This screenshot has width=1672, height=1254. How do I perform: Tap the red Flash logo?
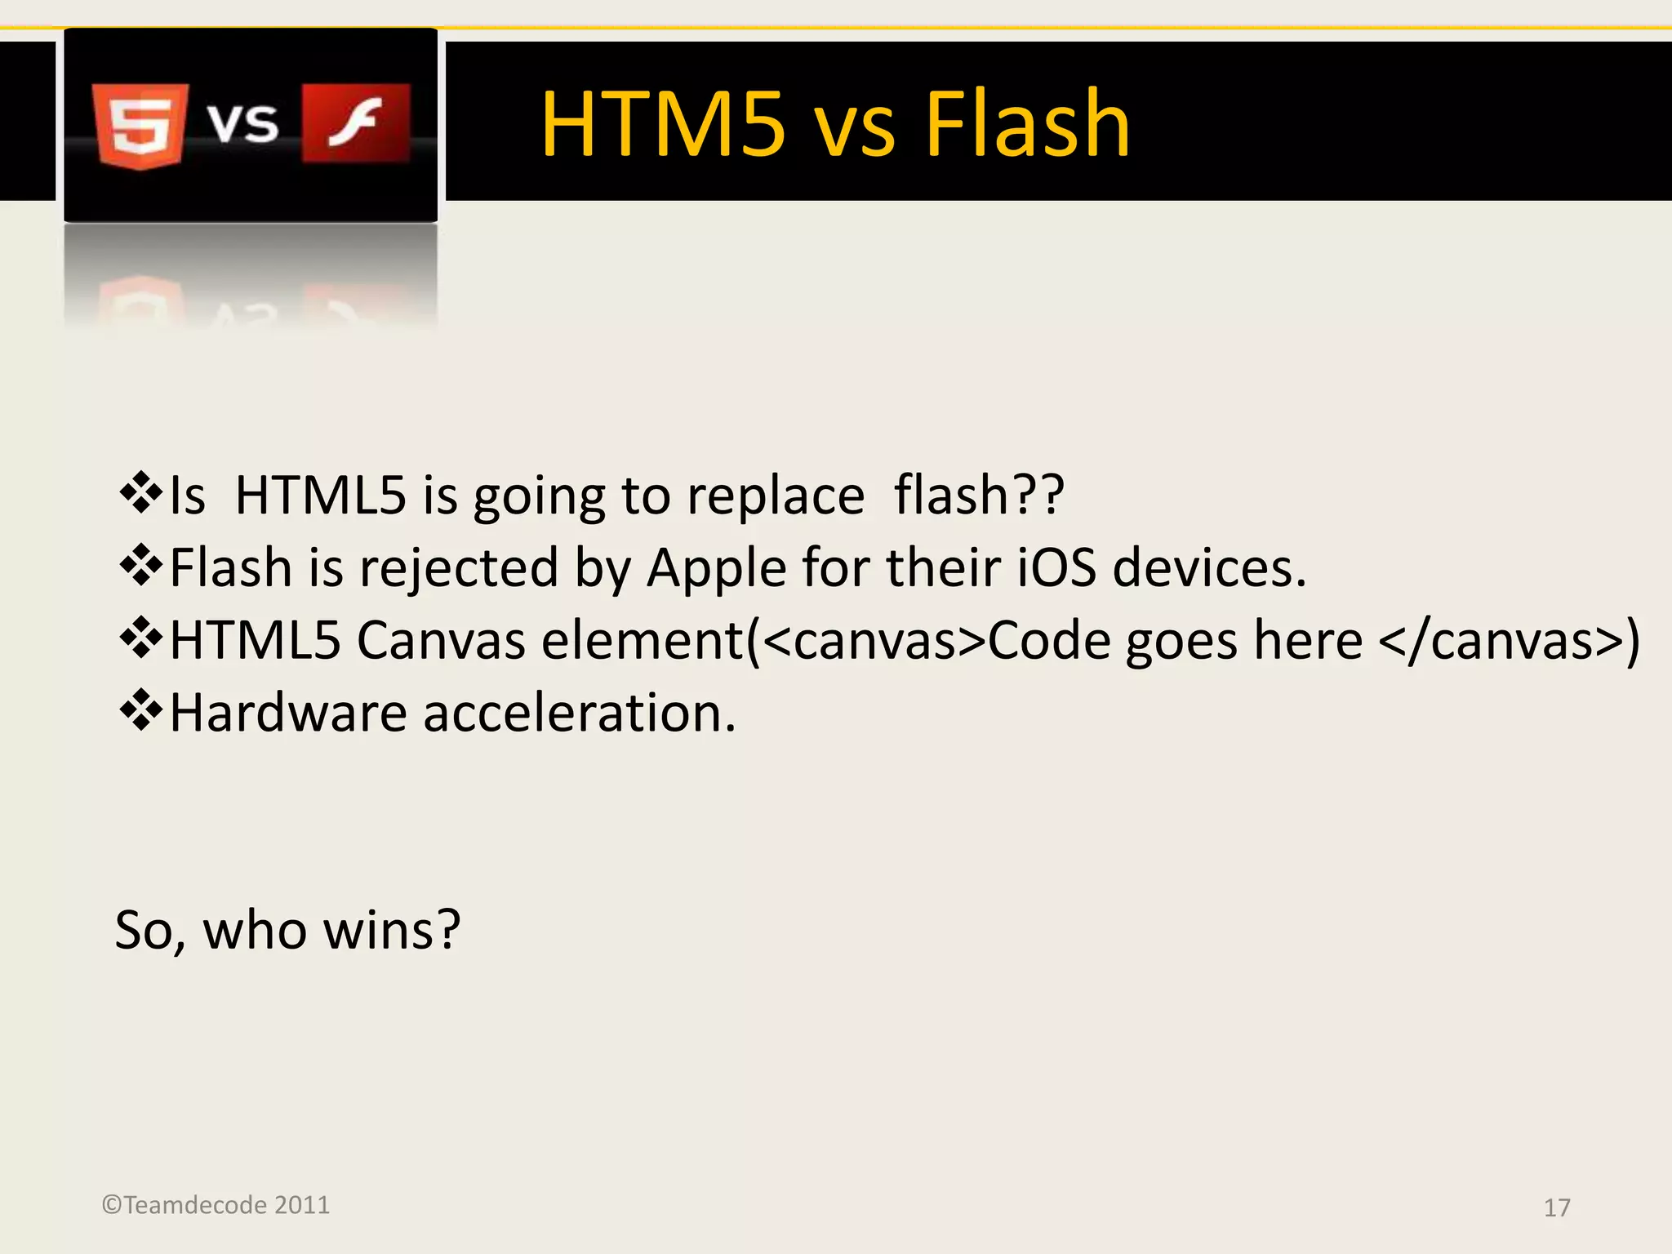pos(356,122)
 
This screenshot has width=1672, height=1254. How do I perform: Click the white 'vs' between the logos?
pos(242,123)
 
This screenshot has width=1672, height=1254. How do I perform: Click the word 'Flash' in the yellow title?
pos(1026,124)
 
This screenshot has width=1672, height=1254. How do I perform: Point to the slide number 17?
pos(1556,1207)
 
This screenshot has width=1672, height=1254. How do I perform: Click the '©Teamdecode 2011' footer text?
pos(216,1205)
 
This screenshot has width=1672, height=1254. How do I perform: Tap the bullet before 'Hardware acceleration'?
pos(140,710)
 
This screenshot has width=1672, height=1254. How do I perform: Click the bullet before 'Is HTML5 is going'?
pos(140,493)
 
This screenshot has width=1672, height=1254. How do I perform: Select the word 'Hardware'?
pos(288,713)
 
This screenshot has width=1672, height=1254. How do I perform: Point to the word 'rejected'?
pos(458,567)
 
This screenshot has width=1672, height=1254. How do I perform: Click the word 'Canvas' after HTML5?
pos(441,640)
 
